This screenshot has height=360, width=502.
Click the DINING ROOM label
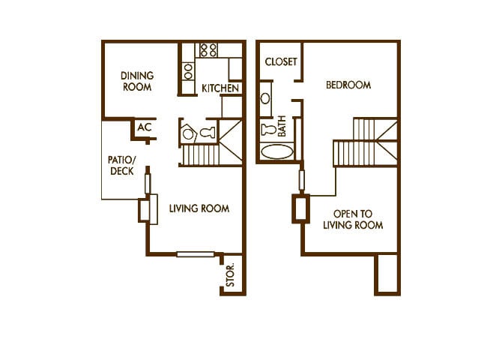(x=137, y=81)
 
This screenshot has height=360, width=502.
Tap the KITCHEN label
(x=220, y=88)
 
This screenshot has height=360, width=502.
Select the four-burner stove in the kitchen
(x=208, y=50)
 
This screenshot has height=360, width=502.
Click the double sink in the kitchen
(x=188, y=71)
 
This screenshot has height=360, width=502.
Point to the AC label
(x=145, y=127)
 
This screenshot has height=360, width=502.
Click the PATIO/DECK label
(x=122, y=165)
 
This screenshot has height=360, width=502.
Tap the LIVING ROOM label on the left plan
(x=199, y=208)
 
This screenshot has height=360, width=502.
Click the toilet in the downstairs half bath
(x=208, y=133)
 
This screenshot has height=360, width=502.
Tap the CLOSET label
(x=281, y=62)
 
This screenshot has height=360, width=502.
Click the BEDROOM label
(x=348, y=85)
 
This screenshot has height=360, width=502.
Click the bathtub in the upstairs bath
(x=276, y=151)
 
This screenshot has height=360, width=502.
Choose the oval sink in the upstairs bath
(x=267, y=99)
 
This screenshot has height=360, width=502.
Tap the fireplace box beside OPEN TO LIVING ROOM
(x=300, y=208)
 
